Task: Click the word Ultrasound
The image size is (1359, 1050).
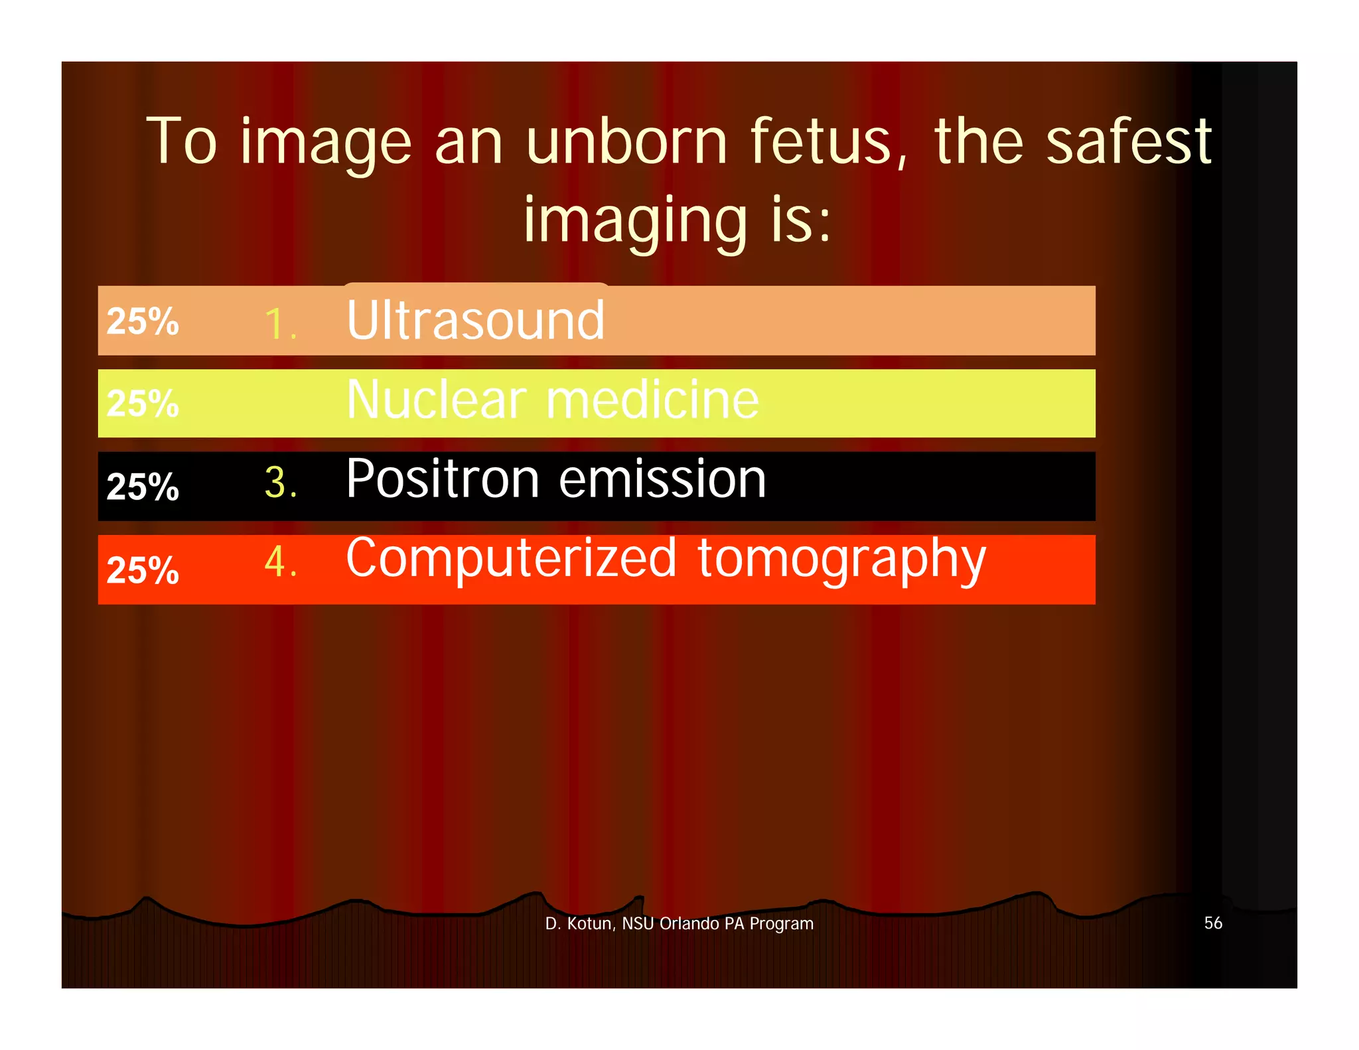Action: [x=475, y=321]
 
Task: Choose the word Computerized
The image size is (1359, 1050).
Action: [x=511, y=559]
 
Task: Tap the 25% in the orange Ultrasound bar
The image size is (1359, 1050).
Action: [x=143, y=321]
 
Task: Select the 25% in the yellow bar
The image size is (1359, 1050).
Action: [x=143, y=403]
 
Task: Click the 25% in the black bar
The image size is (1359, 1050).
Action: [x=143, y=487]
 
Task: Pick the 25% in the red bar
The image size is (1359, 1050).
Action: [x=143, y=569]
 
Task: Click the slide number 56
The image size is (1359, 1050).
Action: [x=1213, y=923]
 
